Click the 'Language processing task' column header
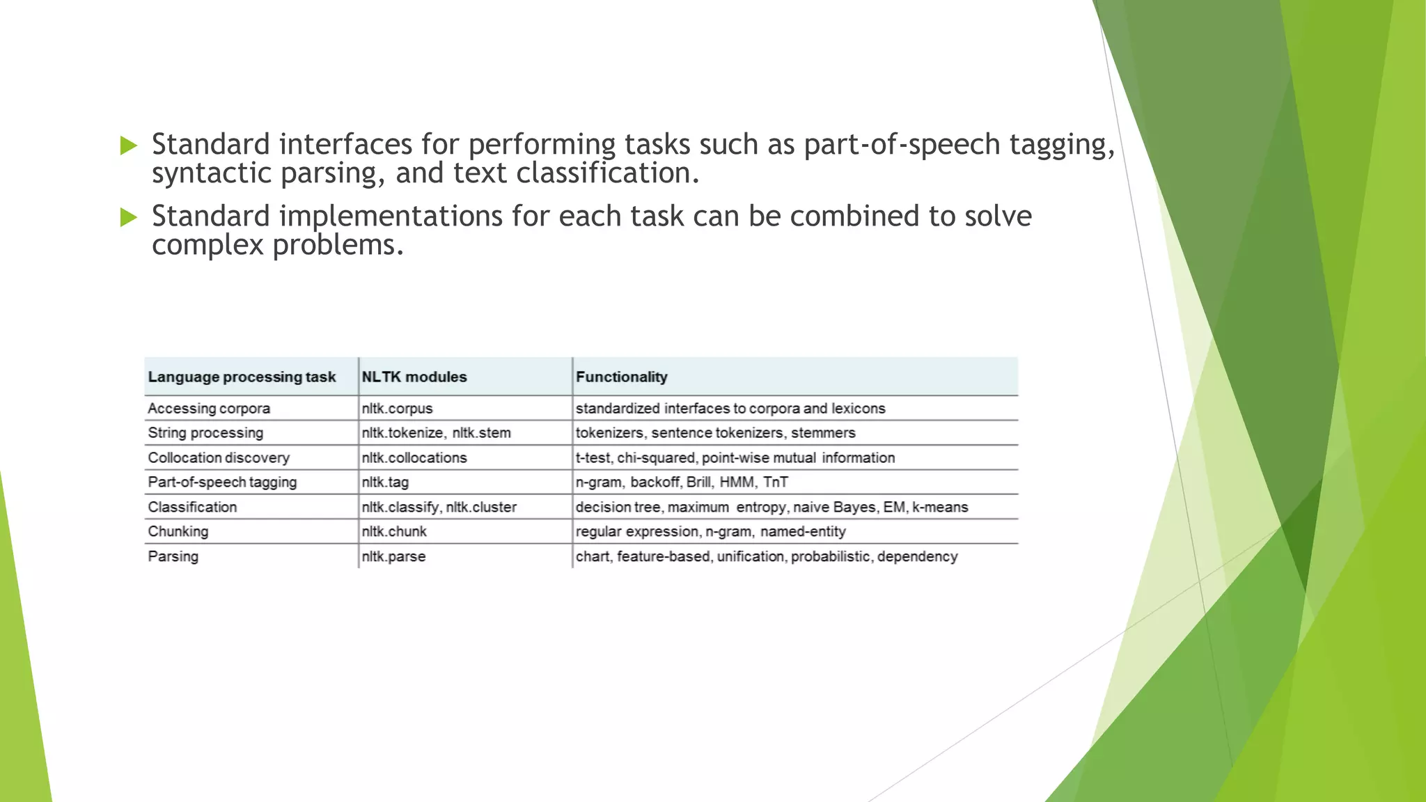[x=242, y=377]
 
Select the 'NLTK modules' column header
[x=414, y=377]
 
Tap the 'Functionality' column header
[x=621, y=377]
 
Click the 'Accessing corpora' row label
[x=209, y=409]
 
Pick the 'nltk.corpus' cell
[x=397, y=409]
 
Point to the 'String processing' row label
[x=205, y=433]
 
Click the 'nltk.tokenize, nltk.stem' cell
[x=436, y=433]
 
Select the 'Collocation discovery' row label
[x=219, y=458]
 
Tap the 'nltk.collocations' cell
[x=414, y=458]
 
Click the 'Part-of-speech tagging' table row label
[x=222, y=482]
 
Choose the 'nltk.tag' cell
[x=385, y=482]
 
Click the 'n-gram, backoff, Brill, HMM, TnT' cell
[x=682, y=482]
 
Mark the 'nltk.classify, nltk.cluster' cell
[x=439, y=508]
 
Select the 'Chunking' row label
[x=178, y=532]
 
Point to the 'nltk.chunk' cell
[x=394, y=532]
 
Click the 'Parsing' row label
[x=173, y=557]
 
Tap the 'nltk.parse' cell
[x=393, y=557]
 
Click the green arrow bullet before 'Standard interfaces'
[x=129, y=146]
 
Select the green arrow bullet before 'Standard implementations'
[x=129, y=217]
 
